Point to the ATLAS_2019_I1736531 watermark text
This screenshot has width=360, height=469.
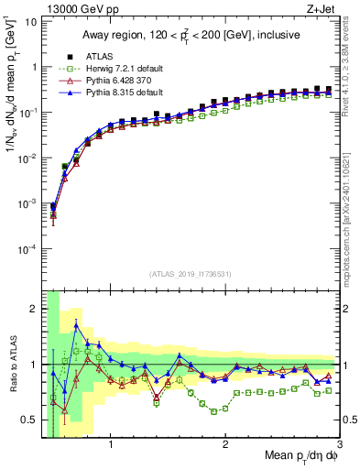pos(190,274)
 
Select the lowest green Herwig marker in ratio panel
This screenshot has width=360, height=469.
pos(213,411)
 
